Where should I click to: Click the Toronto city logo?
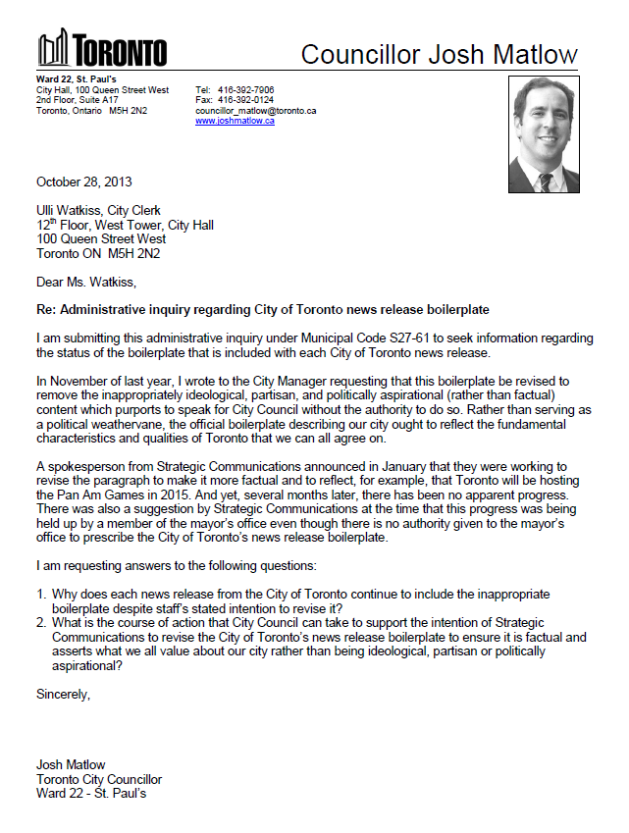coord(102,50)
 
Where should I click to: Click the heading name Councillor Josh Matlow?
coord(439,55)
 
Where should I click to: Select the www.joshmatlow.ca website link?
coord(235,121)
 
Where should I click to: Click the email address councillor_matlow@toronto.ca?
coord(255,111)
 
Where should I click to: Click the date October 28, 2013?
coord(84,182)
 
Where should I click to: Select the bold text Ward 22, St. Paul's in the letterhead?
coord(78,79)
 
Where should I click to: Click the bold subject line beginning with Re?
coord(262,309)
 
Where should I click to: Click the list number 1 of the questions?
coord(41,595)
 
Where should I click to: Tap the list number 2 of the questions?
coord(41,623)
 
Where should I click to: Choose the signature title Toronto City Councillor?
coord(99,780)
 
